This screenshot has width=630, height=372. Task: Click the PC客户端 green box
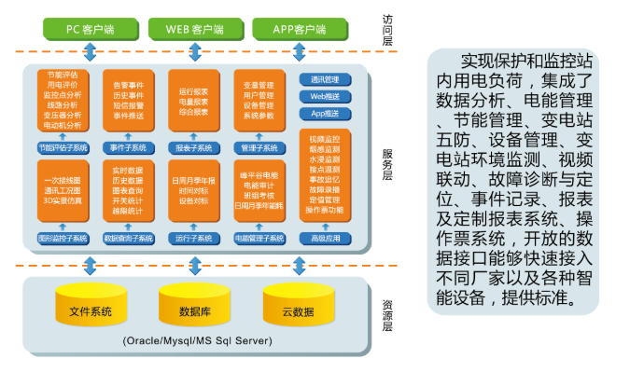91,28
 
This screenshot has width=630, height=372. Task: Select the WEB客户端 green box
194,28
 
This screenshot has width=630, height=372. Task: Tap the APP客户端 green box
299,28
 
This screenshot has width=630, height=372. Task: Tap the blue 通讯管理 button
325,79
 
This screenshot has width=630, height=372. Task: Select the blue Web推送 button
325,96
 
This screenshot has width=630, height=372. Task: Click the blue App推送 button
325,113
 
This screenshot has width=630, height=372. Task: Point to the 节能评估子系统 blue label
63,147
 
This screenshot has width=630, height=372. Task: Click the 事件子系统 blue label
129,147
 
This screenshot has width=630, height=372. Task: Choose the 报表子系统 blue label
194,147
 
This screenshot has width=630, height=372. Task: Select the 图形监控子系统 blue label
63,239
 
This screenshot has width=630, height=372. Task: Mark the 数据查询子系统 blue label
129,239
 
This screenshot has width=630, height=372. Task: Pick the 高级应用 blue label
325,239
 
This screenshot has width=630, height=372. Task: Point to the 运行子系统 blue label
194,239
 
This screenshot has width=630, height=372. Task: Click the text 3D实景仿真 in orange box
63,200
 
